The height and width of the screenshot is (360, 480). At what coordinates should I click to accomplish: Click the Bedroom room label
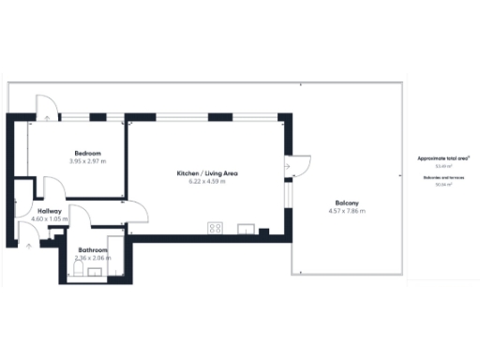pyautogui.click(x=87, y=153)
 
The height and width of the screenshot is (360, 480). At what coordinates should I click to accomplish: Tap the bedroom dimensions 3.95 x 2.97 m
pyautogui.click(x=87, y=161)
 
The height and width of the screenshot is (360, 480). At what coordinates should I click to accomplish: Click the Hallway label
pyautogui.click(x=50, y=212)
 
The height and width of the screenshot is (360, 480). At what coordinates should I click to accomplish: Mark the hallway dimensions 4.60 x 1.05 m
pyautogui.click(x=50, y=220)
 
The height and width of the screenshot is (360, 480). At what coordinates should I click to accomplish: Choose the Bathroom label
pyautogui.click(x=93, y=250)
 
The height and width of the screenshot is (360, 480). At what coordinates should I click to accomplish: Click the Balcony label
pyautogui.click(x=348, y=203)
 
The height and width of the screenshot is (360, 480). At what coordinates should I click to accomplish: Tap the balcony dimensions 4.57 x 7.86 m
pyautogui.click(x=348, y=212)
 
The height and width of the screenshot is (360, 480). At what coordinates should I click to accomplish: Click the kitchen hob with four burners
pyautogui.click(x=216, y=228)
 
